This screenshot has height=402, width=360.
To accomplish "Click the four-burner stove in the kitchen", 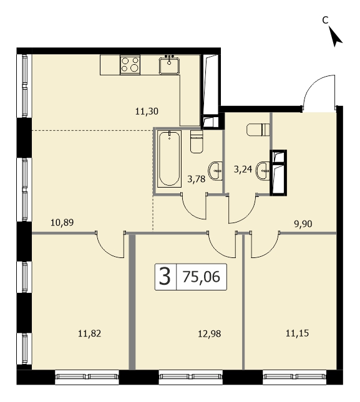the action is click(130, 64).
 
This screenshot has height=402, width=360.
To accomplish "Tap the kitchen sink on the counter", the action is click(169, 65).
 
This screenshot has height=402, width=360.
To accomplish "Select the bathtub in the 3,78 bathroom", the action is click(169, 159).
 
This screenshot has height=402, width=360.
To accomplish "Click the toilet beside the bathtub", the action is click(197, 141).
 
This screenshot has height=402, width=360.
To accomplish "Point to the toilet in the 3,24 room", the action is click(258, 130).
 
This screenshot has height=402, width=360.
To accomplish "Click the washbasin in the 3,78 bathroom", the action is click(215, 171).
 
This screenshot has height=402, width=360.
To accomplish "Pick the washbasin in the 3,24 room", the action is click(263, 171).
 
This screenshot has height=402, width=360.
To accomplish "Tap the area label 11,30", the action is click(147, 112).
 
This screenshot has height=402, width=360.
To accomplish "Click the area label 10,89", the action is click(62, 223).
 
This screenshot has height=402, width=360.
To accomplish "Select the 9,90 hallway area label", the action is click(303, 224).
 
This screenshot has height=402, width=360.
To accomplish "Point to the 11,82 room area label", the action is click(90, 333).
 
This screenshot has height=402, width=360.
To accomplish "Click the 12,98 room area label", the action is click(210, 334).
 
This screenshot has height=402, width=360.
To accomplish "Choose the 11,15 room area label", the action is click(298, 333).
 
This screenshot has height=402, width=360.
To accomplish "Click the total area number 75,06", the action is click(202, 277).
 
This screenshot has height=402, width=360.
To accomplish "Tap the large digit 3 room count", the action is click(165, 277).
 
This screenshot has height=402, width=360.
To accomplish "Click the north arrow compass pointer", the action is click(335, 37).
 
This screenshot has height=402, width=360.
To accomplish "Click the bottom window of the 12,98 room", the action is click(190, 376).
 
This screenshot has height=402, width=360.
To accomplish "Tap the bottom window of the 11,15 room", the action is click(294, 376).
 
